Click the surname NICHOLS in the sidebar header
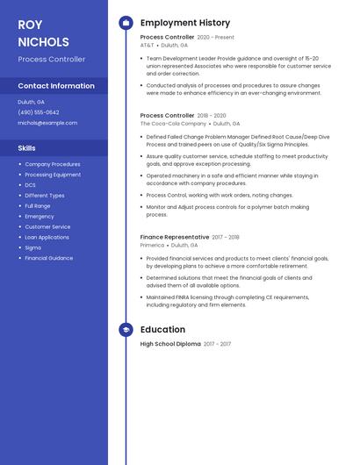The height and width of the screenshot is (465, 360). click(43, 41)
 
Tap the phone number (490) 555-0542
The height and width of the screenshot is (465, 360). click(39, 112)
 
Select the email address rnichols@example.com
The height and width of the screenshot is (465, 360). click(47, 123)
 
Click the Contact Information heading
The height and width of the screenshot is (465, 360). click(56, 86)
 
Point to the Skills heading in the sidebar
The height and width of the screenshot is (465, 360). click(26, 148)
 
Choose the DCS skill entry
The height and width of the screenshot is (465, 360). click(31, 185)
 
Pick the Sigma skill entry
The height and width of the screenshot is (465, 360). click(33, 247)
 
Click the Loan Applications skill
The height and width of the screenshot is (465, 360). click(47, 237)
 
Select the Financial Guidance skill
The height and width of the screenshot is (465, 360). click(48, 258)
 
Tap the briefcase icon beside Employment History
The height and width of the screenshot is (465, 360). click(126, 23)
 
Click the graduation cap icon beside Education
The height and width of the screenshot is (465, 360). click(126, 330)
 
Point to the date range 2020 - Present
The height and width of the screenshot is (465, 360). click(216, 38)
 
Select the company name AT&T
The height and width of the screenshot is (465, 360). click(147, 46)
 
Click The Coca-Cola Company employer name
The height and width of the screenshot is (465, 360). click(173, 124)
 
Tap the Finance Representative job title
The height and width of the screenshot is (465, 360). click(175, 237)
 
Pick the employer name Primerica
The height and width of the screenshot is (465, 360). click(152, 246)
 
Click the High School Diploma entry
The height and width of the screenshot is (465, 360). click(170, 344)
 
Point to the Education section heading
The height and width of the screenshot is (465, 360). click(162, 330)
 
